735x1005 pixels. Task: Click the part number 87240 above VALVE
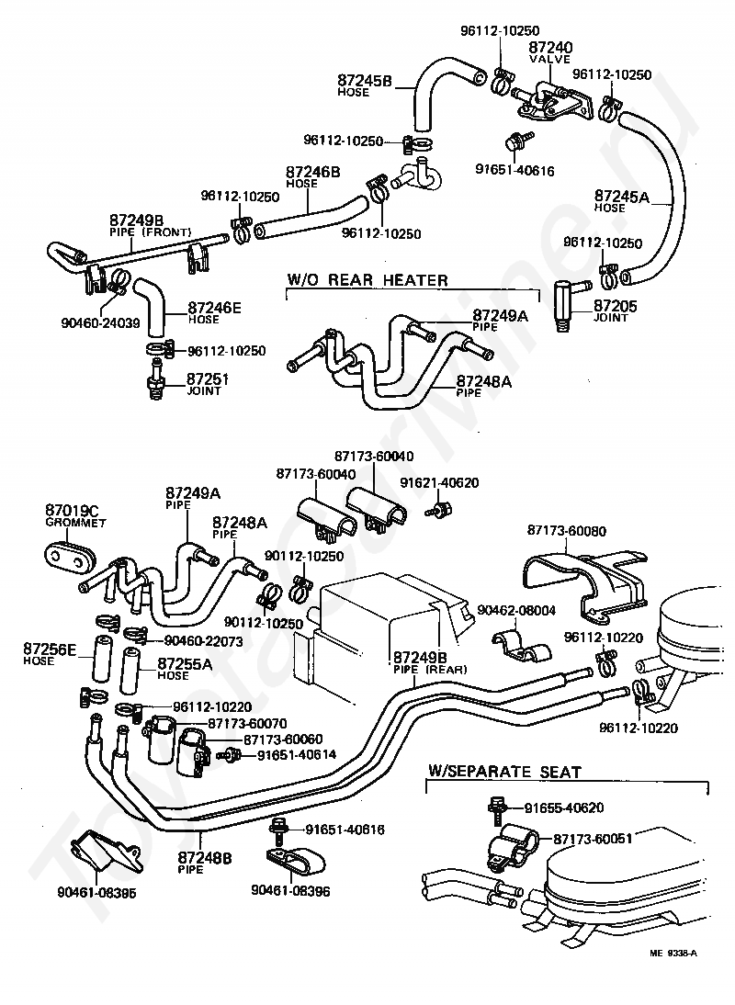click(x=550, y=47)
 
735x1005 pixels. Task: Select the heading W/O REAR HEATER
click(x=367, y=280)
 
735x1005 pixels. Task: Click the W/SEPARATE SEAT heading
click(x=504, y=772)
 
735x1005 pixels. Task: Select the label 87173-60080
click(x=567, y=531)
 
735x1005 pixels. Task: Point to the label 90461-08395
click(x=96, y=892)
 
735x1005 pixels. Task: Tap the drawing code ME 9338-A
click(x=673, y=953)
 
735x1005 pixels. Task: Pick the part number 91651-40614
click(x=296, y=755)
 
